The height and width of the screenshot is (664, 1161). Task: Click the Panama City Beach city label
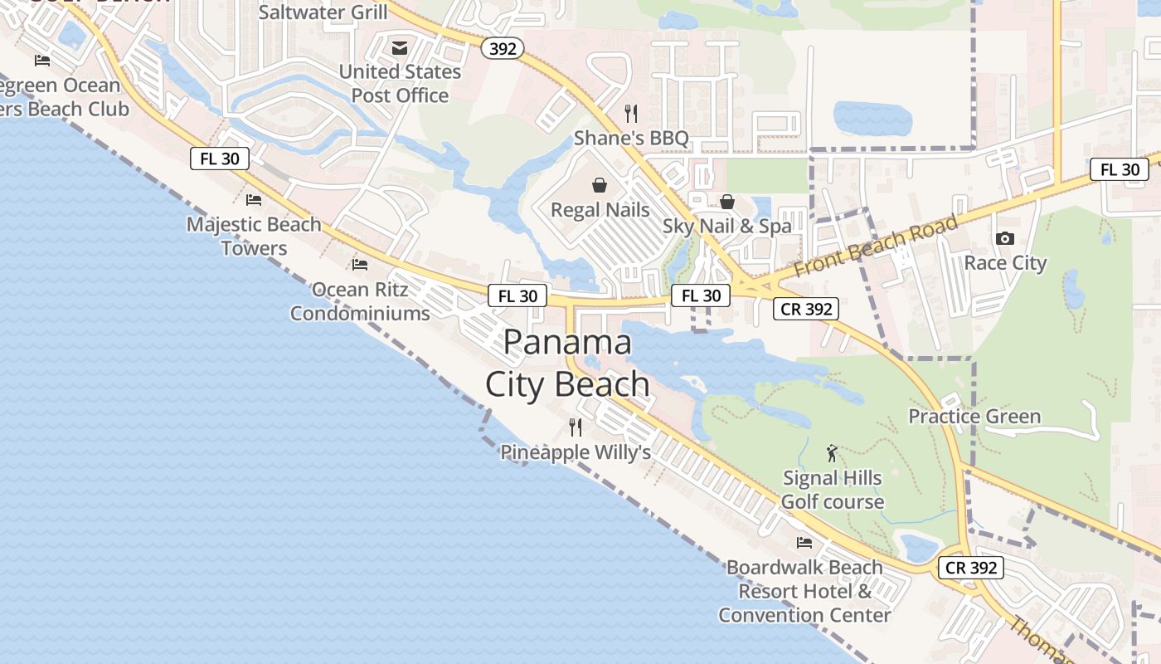point(568,364)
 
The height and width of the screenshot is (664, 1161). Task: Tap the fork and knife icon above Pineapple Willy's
point(576,427)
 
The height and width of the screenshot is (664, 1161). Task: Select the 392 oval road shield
point(503,49)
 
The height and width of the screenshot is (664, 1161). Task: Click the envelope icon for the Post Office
point(400,48)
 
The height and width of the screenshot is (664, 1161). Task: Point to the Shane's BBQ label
point(631,138)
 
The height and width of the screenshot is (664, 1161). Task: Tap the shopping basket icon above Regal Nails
point(600,185)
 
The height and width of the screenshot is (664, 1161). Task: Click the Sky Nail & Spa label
point(726,226)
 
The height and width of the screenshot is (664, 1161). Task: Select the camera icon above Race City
point(1005,239)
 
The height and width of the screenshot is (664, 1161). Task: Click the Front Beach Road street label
point(876,247)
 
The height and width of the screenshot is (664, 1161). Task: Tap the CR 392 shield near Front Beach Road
point(806,309)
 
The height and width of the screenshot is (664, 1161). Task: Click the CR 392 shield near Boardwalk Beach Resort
point(971,568)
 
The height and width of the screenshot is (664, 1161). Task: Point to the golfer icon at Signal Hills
point(833,453)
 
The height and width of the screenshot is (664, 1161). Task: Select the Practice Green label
point(974,416)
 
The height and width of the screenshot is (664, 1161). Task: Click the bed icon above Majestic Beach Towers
point(254,199)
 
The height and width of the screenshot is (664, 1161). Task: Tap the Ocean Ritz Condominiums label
point(360,301)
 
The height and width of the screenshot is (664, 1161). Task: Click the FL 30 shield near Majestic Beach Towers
point(220,159)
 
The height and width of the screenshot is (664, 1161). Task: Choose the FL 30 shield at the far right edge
point(1120,169)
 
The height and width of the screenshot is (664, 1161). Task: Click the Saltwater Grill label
point(323,12)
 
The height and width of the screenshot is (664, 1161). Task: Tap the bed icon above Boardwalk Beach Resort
point(804,543)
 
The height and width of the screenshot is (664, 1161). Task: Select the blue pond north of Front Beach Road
point(872,119)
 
